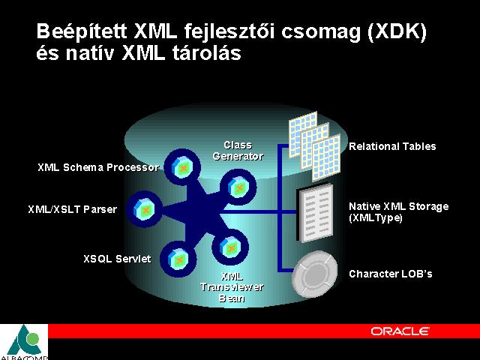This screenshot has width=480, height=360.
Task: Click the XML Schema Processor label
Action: coord(98,167)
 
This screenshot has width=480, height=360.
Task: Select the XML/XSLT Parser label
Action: coord(73,209)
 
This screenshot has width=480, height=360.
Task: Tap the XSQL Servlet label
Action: coord(117,259)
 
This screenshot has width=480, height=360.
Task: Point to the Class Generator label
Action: coord(238,151)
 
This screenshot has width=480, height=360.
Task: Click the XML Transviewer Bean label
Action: coord(232,287)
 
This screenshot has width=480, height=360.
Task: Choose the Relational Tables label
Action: coord(392,146)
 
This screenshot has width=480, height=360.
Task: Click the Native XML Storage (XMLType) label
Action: coord(399,211)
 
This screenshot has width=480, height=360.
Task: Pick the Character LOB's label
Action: coord(391,274)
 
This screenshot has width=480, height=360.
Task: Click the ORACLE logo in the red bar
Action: coord(400,331)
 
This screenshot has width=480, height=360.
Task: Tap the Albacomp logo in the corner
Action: coord(24,342)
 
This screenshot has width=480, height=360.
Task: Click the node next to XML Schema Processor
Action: coord(182,167)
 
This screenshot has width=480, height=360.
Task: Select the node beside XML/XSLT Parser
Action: coord(145,209)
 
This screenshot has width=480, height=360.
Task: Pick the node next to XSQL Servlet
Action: coord(178,259)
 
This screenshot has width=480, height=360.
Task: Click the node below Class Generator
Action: coord(238,187)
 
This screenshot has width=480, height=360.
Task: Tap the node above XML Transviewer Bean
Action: coord(230,247)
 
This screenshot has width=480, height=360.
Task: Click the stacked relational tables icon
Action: coord(315,146)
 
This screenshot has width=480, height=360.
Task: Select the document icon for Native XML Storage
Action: coord(315,213)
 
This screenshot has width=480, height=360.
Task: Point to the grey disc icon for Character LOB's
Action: coord(315,274)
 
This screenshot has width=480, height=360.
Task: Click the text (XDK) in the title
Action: coord(397,31)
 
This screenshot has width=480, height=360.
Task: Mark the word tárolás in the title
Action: coord(207,52)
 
